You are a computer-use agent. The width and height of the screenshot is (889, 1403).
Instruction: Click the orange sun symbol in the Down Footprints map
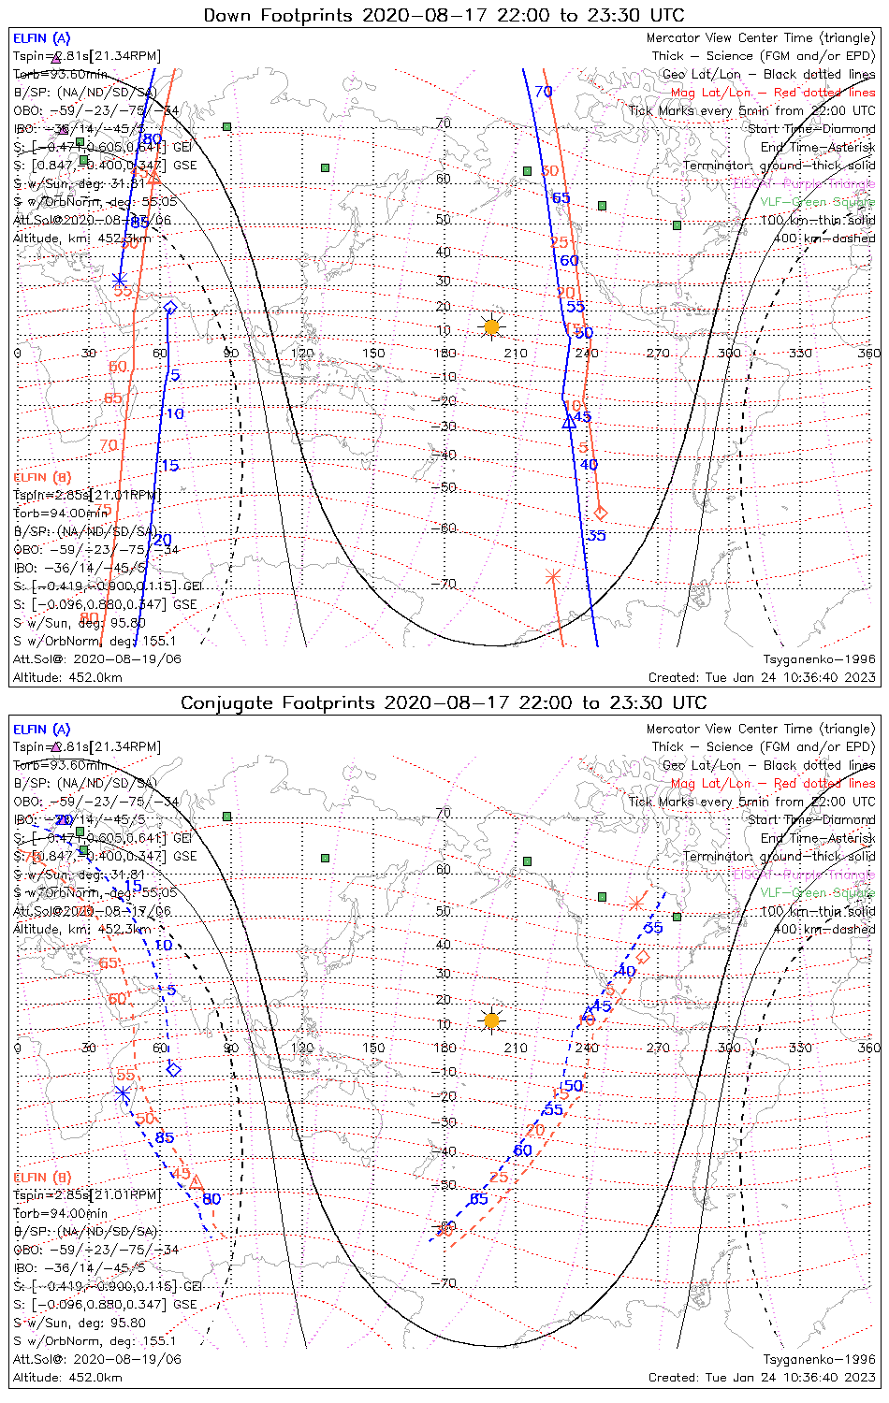[490, 326]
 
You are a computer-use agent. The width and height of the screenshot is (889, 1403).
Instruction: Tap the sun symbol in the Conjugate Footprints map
[491, 1020]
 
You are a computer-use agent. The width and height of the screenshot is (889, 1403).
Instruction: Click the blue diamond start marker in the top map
[170, 307]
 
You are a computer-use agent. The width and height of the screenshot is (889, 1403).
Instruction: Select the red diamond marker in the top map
[601, 513]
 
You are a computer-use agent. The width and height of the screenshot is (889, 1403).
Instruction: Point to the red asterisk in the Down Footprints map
[553, 576]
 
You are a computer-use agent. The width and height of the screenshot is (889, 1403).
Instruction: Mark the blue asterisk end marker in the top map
[120, 279]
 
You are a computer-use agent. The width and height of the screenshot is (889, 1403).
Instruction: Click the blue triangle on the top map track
[568, 423]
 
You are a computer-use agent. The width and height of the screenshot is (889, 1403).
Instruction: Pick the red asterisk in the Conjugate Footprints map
[636, 903]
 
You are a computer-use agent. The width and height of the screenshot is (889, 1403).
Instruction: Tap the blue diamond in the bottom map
[173, 1069]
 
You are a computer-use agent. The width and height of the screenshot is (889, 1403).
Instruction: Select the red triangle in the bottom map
[197, 1182]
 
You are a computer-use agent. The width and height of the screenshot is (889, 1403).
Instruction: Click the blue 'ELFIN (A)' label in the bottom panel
[42, 730]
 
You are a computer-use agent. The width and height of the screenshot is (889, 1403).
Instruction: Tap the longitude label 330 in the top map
[800, 353]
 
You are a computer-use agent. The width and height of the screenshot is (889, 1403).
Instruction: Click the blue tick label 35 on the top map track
[596, 536]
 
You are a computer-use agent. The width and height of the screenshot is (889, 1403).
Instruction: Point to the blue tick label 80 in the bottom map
[211, 1199]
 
